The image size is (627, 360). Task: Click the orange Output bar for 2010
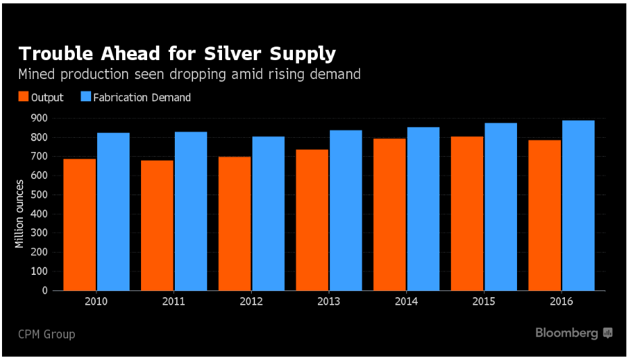tap(79, 225)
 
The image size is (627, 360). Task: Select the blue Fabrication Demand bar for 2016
tap(578, 205)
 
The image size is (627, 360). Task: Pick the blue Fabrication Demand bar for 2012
tap(268, 213)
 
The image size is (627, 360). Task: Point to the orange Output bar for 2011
tap(157, 226)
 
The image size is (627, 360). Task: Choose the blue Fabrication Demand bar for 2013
tap(346, 210)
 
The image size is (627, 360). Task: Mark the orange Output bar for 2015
tap(467, 213)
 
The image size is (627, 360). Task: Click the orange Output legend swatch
tap(23, 97)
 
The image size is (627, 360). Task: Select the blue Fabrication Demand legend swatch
tap(85, 97)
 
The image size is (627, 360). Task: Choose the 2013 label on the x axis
tap(328, 302)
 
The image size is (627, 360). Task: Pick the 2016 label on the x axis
tap(561, 302)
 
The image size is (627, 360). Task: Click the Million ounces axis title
tap(20, 213)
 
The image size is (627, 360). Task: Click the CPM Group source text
tap(47, 334)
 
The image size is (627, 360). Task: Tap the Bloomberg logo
tap(573, 333)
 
